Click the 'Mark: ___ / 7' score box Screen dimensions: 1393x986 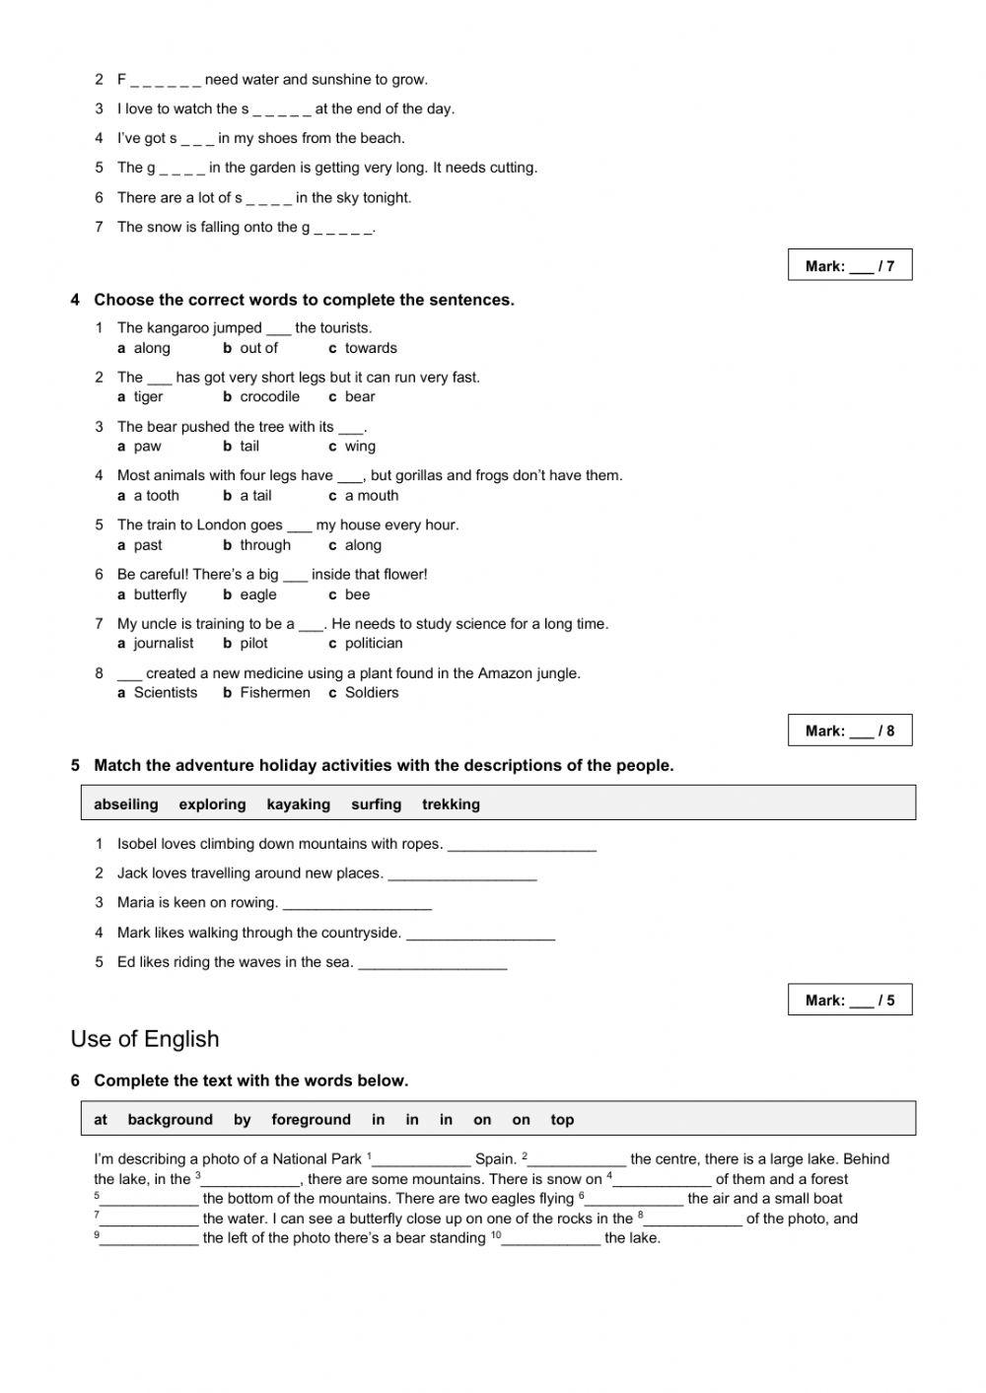[849, 265]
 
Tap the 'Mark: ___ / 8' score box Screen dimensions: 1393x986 [849, 731]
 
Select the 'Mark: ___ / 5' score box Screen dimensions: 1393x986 [849, 1000]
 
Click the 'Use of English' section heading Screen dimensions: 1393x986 [145, 1039]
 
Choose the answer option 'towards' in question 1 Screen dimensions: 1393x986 [371, 348]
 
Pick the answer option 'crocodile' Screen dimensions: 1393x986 [269, 396]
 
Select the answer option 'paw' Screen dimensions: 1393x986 [147, 446]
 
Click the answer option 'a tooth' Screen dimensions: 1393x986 [156, 496]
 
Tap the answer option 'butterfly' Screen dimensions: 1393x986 [160, 594]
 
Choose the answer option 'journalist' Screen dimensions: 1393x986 [164, 643]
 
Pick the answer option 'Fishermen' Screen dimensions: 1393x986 [274, 692]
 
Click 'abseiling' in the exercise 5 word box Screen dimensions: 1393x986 [126, 804]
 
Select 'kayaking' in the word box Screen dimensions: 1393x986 [298, 804]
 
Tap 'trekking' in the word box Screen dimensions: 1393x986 [451, 804]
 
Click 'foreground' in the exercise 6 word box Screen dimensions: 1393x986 [311, 1120]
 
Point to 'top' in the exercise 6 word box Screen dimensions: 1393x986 [562, 1120]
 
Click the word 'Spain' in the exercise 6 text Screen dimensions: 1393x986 [495, 1159]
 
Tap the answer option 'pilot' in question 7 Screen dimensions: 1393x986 [253, 643]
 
